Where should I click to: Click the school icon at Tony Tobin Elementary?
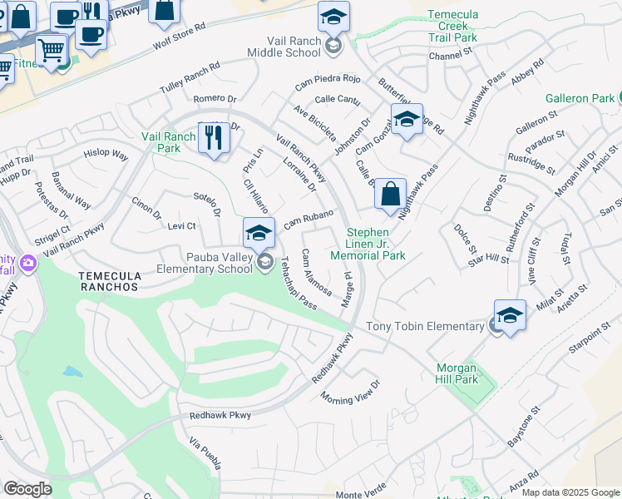(510, 315)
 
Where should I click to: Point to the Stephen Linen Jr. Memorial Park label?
(376, 244)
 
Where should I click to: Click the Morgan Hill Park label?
(457, 373)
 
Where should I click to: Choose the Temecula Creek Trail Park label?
(452, 26)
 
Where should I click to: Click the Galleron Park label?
(580, 98)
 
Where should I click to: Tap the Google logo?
(27, 489)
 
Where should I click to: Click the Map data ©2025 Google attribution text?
(570, 492)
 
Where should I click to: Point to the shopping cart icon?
(52, 51)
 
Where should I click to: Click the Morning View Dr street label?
(350, 391)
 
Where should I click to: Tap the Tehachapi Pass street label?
(297, 284)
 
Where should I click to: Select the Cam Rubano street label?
(309, 220)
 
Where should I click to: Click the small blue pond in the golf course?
(73, 371)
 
